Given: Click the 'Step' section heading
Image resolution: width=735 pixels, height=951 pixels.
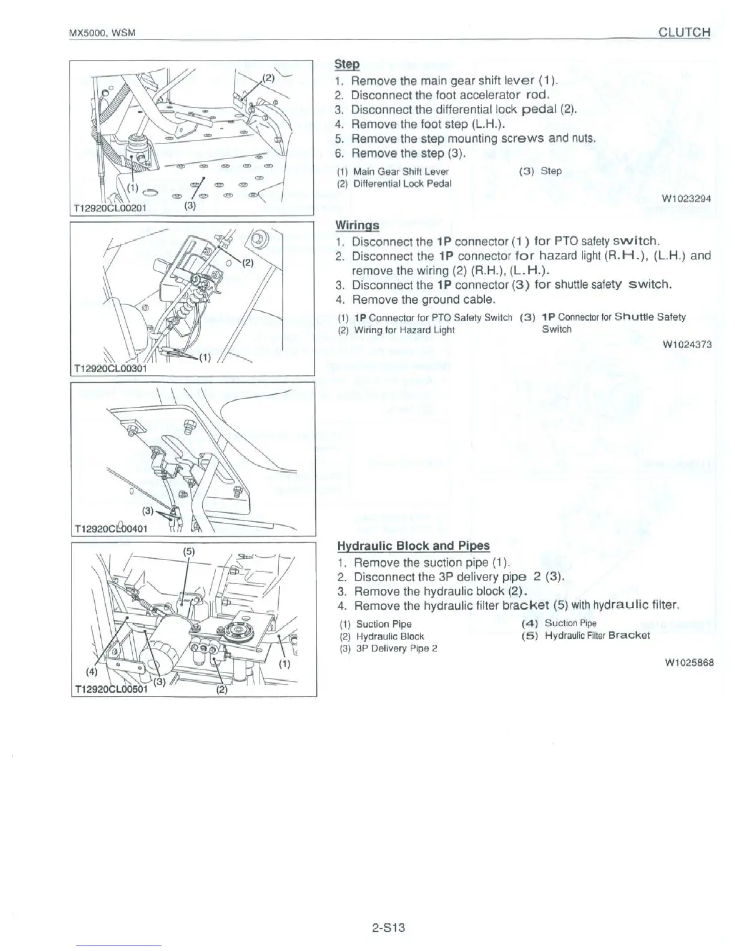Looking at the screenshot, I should [346, 64].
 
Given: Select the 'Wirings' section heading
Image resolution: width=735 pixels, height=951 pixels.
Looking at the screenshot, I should [357, 225].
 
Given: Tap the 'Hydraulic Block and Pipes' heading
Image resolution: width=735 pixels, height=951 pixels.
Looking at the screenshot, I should [413, 546].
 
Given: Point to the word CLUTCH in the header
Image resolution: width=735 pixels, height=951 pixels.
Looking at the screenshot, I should [685, 32].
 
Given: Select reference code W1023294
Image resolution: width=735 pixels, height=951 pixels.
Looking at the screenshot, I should [686, 198].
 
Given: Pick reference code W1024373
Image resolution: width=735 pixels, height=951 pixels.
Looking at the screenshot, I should [687, 344].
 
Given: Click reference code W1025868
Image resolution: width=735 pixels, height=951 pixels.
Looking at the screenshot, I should [689, 663].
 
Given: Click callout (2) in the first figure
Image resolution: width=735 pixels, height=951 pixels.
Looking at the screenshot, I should [268, 77].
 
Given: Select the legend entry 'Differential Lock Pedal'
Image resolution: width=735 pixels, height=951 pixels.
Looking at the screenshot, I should [402, 184].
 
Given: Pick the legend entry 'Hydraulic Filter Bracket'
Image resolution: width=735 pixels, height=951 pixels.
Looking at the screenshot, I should [597, 635].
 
